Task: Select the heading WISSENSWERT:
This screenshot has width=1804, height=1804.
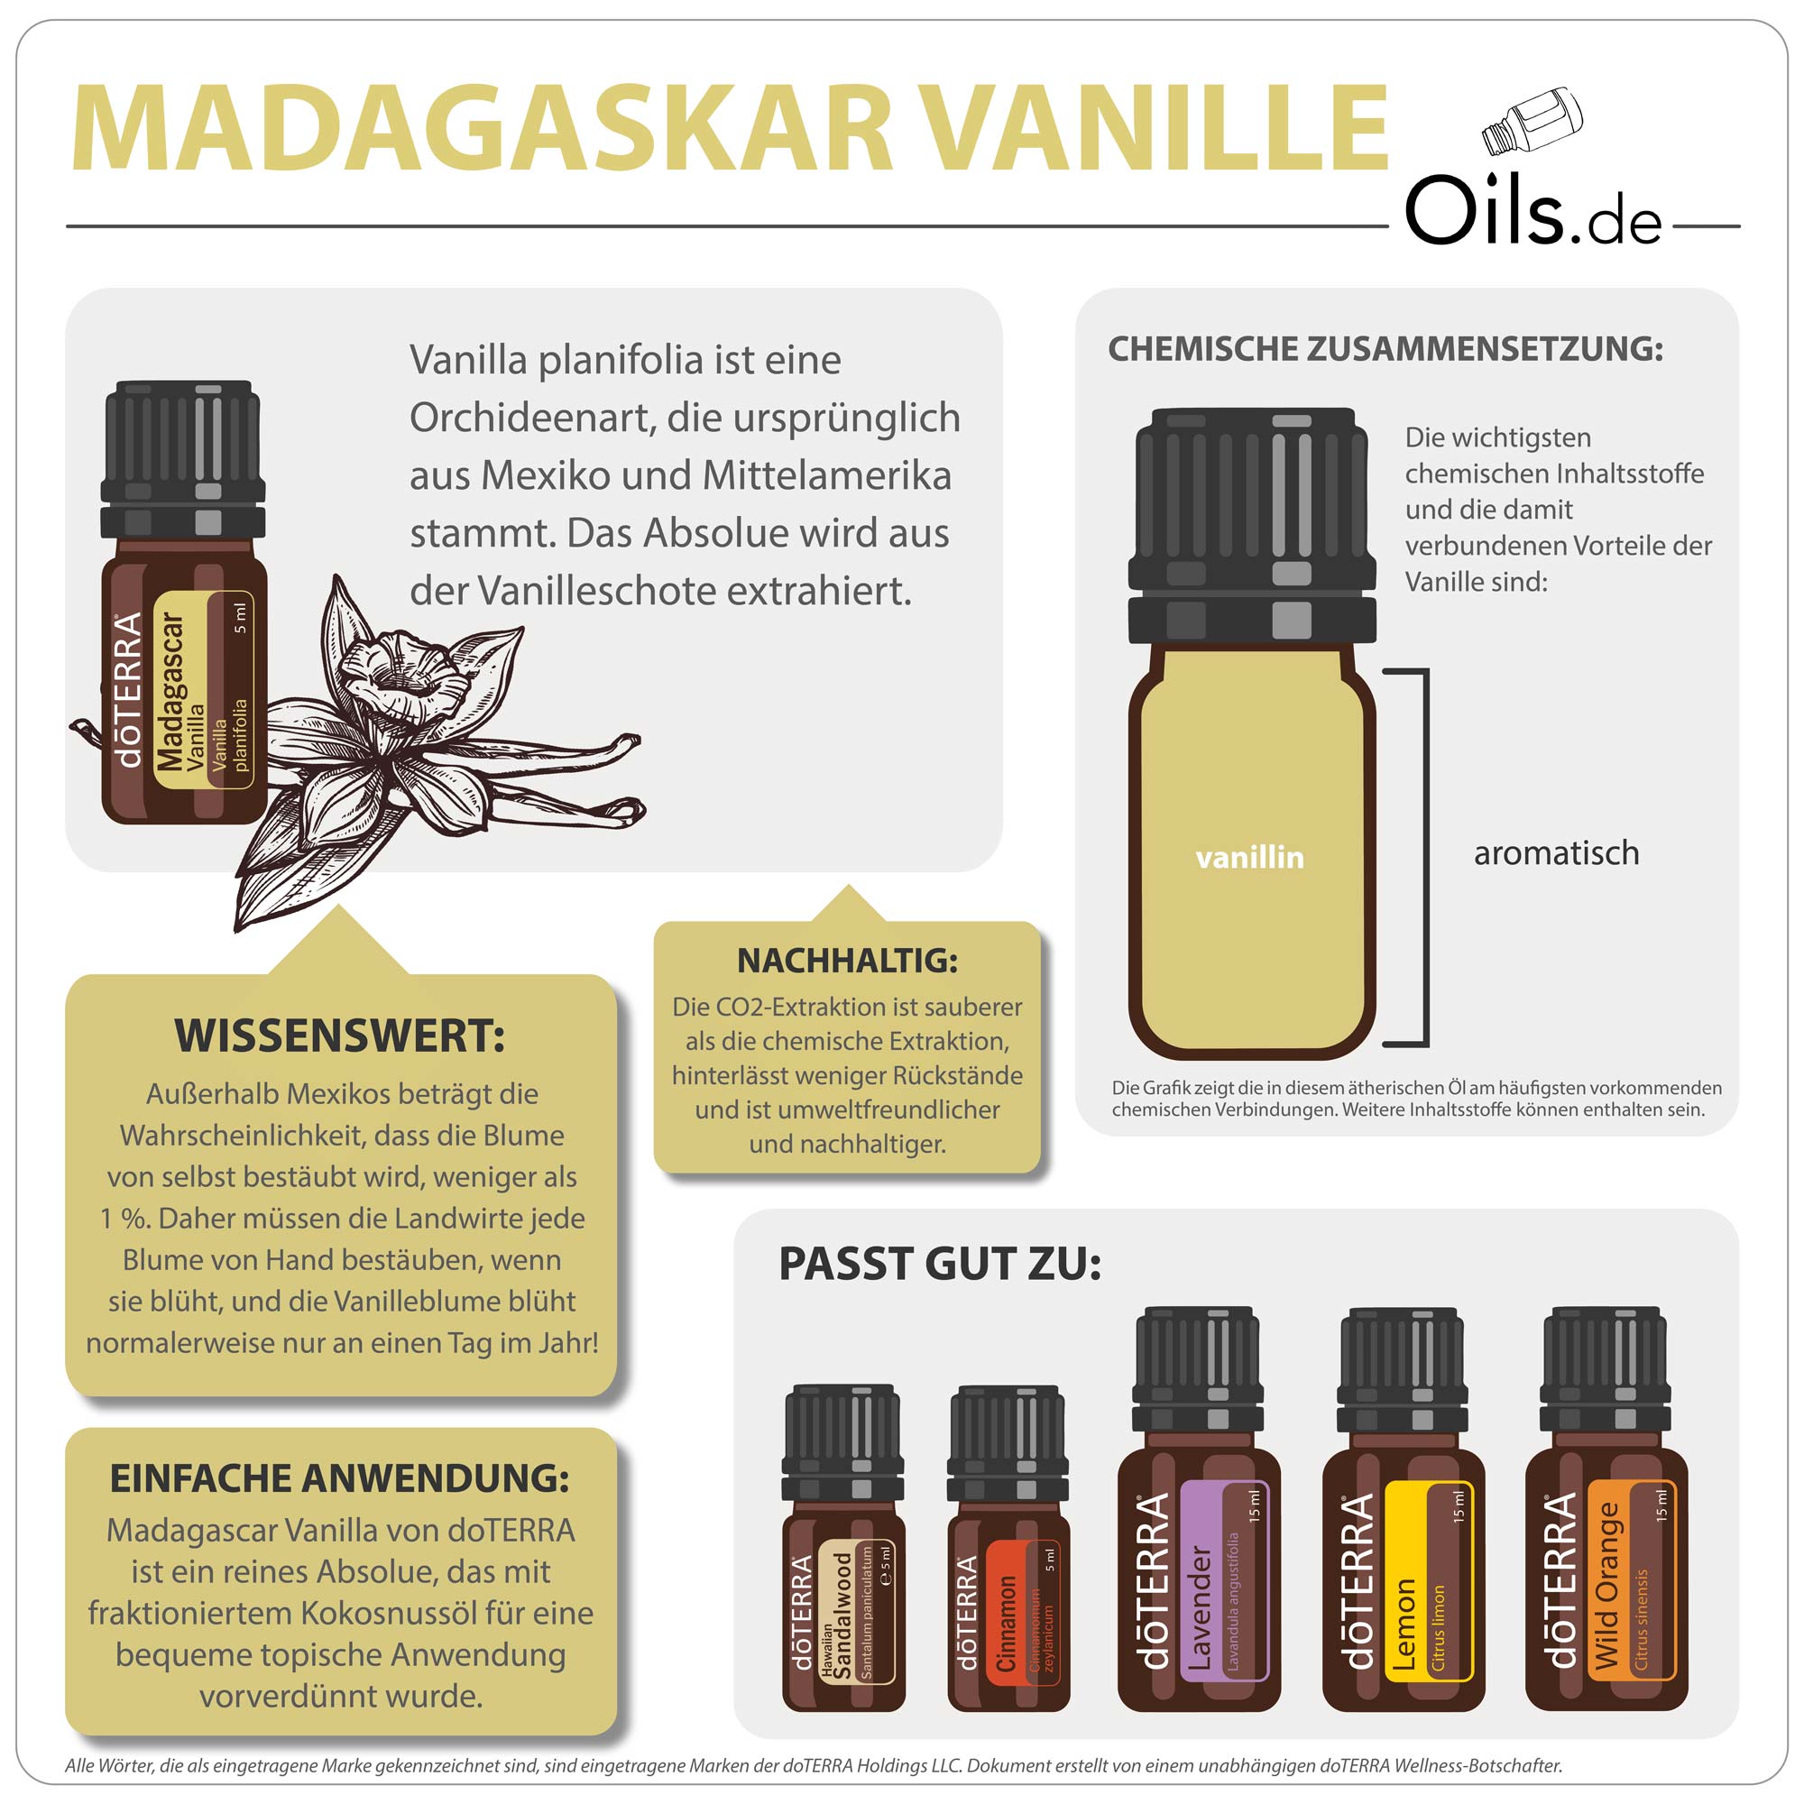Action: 340,1036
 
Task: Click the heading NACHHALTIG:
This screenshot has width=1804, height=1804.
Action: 847,960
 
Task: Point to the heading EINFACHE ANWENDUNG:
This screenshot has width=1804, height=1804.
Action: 340,1479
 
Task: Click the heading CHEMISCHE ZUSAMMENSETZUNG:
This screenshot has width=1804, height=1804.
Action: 1385,348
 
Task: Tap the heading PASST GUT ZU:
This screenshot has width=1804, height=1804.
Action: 940,1265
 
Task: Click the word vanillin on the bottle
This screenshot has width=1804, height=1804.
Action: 1249,857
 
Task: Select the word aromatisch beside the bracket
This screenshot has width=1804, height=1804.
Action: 1556,852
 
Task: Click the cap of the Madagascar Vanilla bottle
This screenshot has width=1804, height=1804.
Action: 183,457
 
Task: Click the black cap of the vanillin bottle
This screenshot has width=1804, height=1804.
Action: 1251,523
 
